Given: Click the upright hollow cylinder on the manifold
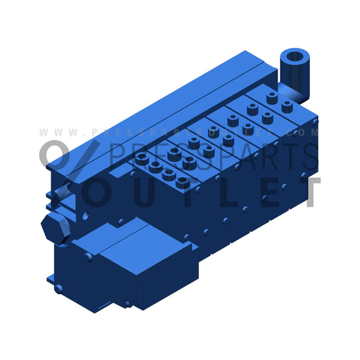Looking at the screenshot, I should pyautogui.click(x=293, y=70).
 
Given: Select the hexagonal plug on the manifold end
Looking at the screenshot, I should pyautogui.click(x=53, y=226).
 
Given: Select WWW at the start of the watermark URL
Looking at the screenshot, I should pyautogui.click(x=56, y=132).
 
